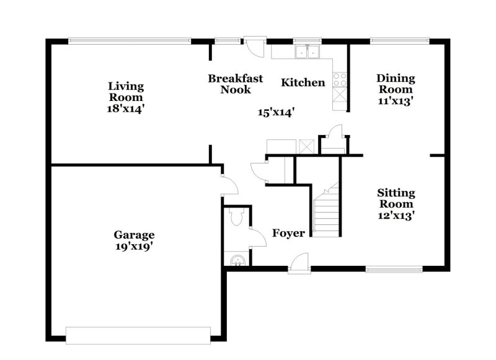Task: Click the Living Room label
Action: click(126, 92)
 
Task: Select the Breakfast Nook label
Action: click(235, 84)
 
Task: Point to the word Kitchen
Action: click(303, 82)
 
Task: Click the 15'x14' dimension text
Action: click(276, 112)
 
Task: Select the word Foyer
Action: click(289, 233)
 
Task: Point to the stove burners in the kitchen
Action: click(340, 79)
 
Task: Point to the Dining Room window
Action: click(399, 41)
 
